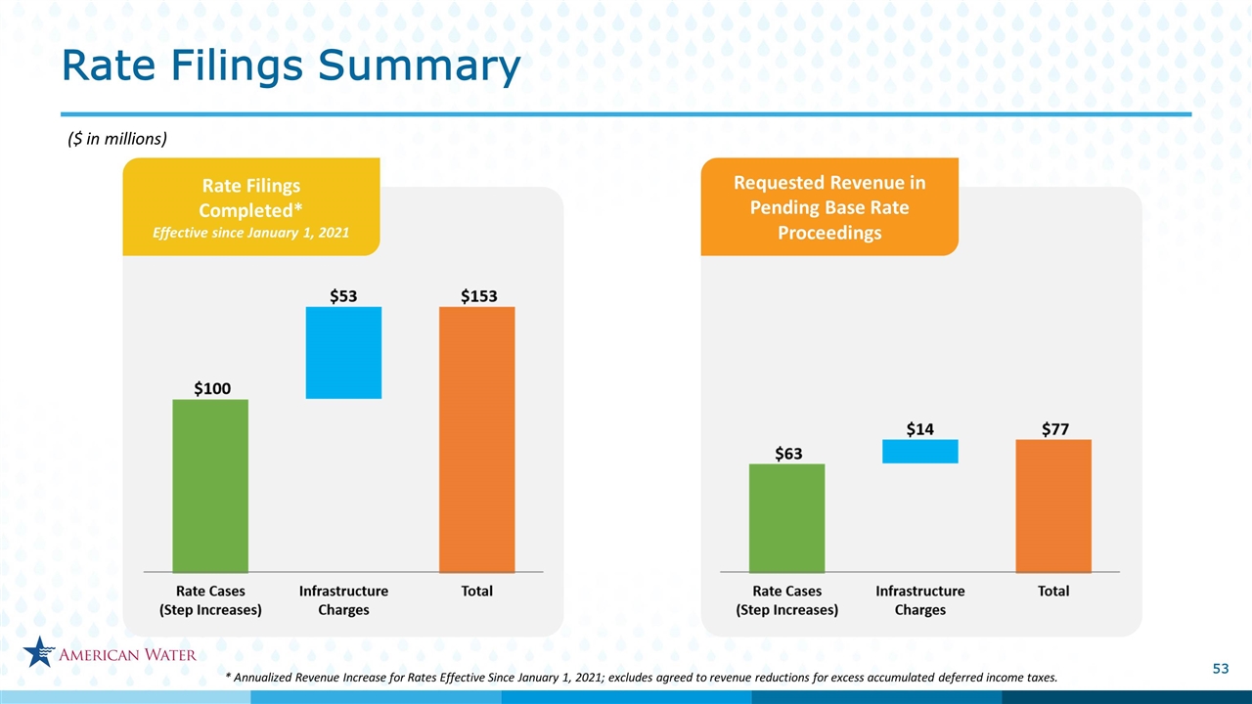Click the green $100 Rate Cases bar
[210, 486]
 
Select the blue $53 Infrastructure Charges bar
[343, 353]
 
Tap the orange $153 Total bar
[476, 439]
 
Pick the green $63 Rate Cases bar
[787, 518]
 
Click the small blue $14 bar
[920, 452]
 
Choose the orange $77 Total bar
[1053, 506]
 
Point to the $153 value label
[479, 296]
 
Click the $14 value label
[920, 429]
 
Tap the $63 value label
[788, 454]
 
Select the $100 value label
[212, 388]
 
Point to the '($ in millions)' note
[117, 139]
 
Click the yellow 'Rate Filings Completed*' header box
[251, 206]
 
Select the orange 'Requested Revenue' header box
[829, 206]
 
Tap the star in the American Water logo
[39, 651]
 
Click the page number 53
[1221, 669]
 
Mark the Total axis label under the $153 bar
[476, 592]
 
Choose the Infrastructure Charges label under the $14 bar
[920, 600]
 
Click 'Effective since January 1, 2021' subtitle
[251, 233]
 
